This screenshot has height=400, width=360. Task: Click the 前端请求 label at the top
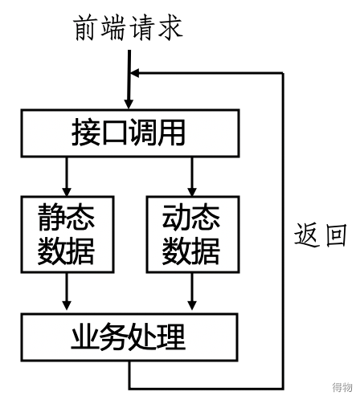click(128, 28)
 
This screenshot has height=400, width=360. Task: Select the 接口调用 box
click(130, 133)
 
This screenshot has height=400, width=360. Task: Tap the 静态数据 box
click(67, 235)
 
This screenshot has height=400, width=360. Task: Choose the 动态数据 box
click(193, 235)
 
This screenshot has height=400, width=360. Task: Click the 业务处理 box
click(129, 337)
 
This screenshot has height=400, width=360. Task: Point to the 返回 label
click(321, 235)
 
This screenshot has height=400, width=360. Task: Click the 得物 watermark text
click(342, 387)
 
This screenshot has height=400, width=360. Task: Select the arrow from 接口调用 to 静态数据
click(67, 177)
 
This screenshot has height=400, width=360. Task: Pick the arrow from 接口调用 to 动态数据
click(192, 177)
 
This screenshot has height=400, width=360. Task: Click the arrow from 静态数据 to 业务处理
click(67, 292)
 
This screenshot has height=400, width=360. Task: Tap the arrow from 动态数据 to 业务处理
click(192, 292)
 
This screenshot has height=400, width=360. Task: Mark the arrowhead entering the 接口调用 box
click(129, 104)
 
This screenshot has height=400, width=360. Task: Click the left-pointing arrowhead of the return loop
click(135, 73)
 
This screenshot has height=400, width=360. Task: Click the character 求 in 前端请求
click(170, 28)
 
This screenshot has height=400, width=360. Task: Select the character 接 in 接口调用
click(86, 133)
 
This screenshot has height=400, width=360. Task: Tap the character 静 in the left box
click(52, 217)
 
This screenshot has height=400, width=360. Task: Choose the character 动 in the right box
click(177, 217)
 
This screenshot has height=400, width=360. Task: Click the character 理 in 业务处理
click(171, 337)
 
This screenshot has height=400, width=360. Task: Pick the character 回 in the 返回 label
click(336, 235)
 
